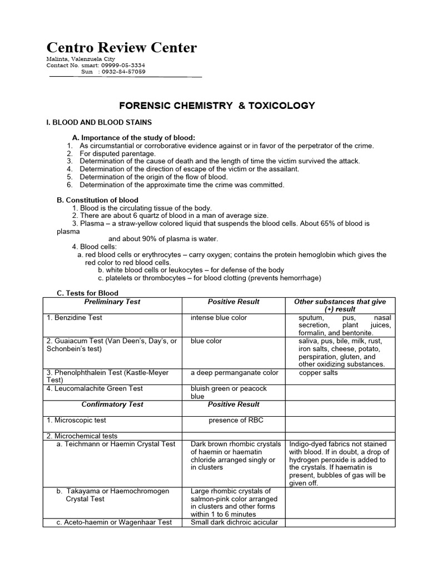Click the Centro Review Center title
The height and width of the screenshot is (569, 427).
121,48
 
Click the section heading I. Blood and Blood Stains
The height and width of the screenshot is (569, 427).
99,122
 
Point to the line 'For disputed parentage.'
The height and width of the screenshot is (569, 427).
118,153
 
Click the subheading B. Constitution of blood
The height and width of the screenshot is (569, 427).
98,200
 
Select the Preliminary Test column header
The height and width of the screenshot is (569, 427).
112,302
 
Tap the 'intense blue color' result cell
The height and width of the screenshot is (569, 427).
219,318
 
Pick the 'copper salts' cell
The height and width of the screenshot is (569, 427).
318,373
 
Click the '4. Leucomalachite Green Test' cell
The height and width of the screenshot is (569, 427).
95,389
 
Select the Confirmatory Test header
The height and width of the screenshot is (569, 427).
112,405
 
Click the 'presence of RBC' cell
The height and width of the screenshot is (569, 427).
236,421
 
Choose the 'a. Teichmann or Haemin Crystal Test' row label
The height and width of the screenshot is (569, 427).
116,444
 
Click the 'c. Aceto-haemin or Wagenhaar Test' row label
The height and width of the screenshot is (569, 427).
113,522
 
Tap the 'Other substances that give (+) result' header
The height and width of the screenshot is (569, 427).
340,305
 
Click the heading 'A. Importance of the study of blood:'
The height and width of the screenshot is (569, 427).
134,138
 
